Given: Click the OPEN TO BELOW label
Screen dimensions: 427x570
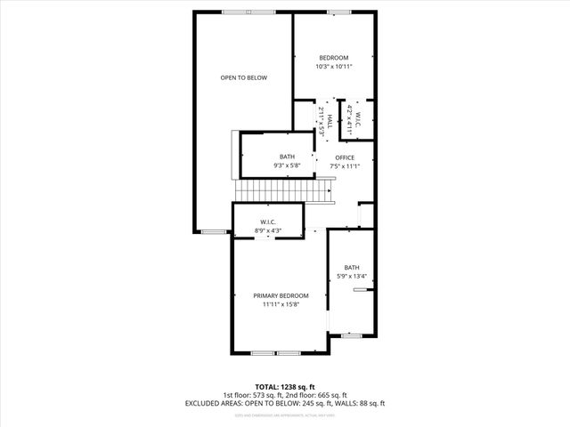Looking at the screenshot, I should point(243,77).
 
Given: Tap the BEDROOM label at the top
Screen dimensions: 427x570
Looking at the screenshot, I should point(334,59).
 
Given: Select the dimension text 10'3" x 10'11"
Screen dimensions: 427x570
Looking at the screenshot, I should point(334,68).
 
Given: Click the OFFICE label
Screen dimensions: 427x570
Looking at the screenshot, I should point(344,157).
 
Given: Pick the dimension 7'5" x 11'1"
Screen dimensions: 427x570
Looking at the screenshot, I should point(344,166).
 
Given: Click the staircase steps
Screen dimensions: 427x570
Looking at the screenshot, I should point(282,189).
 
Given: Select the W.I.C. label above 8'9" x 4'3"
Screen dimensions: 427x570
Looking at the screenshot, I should point(268,222).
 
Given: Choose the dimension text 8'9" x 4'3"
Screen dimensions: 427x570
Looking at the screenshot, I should point(268,231).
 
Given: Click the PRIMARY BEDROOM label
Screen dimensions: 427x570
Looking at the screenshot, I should point(281,295).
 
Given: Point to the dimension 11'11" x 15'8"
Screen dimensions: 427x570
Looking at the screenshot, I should point(281,305).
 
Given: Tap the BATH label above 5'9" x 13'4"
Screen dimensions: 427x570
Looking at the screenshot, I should point(352,268).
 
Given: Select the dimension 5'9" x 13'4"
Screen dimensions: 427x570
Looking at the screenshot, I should point(352,277).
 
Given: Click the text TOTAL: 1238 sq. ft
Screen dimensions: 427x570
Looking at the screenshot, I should point(285,387).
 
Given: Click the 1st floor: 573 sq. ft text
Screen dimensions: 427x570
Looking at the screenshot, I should point(254,395).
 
